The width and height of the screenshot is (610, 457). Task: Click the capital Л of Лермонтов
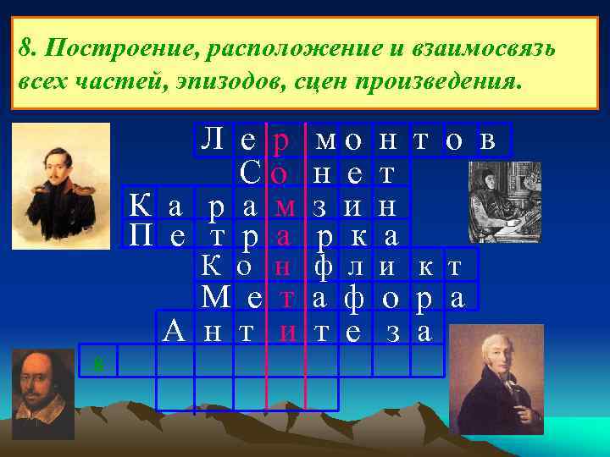point(210,139)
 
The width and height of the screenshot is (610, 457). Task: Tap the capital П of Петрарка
point(141,234)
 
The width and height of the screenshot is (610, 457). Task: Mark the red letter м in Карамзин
point(286,206)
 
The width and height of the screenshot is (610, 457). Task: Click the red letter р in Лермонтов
point(281,140)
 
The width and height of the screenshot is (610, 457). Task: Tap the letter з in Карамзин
point(322,206)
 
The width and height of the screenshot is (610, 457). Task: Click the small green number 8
point(99,364)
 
